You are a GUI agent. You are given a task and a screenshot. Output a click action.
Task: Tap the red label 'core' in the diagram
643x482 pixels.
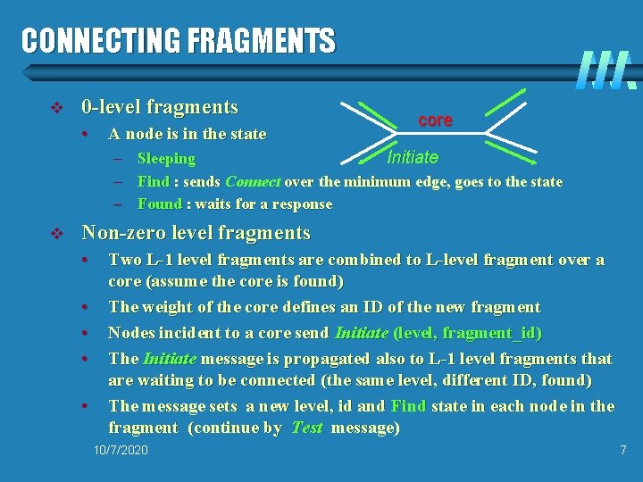435,120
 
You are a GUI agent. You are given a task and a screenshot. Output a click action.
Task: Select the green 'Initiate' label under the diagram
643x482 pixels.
413,157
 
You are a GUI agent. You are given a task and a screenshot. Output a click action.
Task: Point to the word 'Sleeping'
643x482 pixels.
166,159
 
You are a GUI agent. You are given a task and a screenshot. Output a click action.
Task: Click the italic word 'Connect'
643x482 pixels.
254,181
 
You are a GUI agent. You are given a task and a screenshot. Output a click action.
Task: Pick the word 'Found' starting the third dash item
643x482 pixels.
160,204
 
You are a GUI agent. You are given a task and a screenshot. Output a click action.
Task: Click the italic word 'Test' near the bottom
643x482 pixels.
306,428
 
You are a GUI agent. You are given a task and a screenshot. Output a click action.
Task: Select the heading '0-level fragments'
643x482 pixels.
160,107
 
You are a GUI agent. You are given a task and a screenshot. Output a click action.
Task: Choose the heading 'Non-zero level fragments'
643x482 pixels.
196,233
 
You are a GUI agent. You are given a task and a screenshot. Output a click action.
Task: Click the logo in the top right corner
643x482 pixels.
605,70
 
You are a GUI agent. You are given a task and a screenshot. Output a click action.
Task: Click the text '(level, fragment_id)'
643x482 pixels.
467,333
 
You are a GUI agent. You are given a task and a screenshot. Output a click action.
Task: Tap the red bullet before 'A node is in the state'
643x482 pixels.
83,135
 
